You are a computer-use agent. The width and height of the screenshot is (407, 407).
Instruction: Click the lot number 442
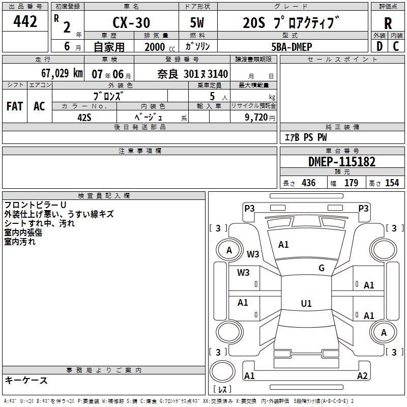[x=25, y=21]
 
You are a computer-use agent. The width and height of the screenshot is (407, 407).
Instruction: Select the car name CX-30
[x=131, y=22]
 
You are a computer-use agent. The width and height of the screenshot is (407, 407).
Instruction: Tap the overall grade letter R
[x=388, y=23]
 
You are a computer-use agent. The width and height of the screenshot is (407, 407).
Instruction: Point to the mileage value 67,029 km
[x=62, y=73]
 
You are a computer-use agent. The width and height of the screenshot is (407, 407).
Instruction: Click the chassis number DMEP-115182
[x=342, y=162]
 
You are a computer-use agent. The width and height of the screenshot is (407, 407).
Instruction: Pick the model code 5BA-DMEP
[x=292, y=47]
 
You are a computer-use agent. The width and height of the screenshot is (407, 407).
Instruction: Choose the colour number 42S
[x=84, y=118]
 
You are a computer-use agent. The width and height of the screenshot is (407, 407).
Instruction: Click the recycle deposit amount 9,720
[x=256, y=118]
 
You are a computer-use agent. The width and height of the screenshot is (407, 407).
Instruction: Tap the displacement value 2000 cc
[x=160, y=47]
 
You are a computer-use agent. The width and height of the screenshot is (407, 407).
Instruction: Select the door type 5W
[x=197, y=22]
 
